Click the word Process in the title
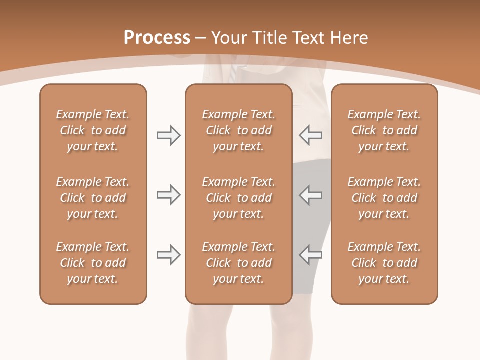click(157, 38)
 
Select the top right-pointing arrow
click(168, 135)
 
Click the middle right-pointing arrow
click(168, 195)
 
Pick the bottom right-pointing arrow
click(168, 255)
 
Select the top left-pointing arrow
click(310, 135)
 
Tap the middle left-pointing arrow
click(310, 195)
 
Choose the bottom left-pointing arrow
click(310, 255)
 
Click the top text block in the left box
click(93, 130)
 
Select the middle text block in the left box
click(93, 198)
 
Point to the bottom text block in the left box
click(93, 263)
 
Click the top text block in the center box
click(238, 130)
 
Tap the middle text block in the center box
click(238, 198)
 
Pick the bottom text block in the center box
click(238, 263)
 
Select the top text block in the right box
click(384, 130)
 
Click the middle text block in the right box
click(384, 198)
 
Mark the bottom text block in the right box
click(384, 263)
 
